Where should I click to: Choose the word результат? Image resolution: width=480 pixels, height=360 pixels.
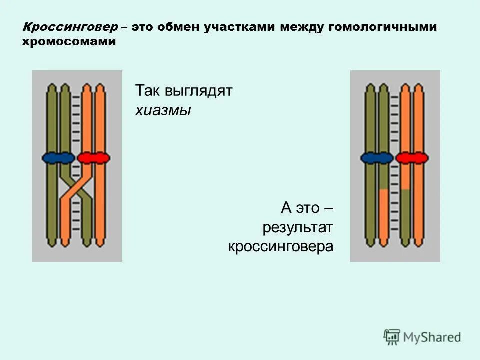point(298,228)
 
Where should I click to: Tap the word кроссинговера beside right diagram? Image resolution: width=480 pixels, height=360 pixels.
point(281,246)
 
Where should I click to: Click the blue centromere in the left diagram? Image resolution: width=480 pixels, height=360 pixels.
point(57,158)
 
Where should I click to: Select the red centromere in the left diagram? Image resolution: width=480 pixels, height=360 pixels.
point(93,158)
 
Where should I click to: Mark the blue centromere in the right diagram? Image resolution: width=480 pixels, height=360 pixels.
point(376,158)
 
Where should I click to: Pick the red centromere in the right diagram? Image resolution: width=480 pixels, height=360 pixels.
point(412,158)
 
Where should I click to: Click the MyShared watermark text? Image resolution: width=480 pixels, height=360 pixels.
point(432,337)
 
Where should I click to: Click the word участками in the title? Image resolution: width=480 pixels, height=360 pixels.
point(239,28)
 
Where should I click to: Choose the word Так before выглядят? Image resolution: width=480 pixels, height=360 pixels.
point(146,91)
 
